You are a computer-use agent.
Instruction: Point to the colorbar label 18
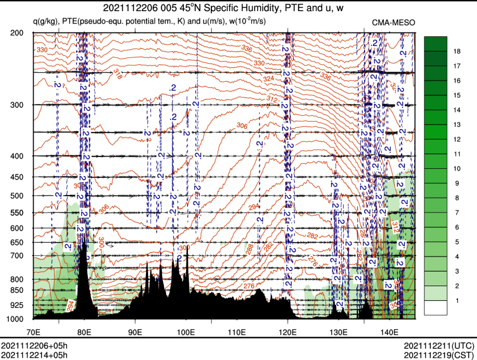click(x=457, y=51)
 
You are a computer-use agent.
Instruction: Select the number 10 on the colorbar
click(x=457, y=168)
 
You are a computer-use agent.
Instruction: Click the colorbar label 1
click(x=457, y=301)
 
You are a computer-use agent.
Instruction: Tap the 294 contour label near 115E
click(x=254, y=207)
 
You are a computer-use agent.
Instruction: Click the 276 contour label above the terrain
click(x=249, y=286)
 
